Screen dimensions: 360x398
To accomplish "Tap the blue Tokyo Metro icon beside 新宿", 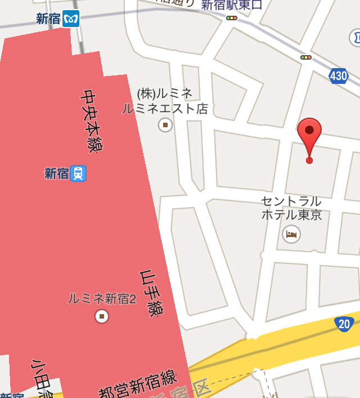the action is pos(71,19).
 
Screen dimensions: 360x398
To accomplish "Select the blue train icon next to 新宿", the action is pos(78,173).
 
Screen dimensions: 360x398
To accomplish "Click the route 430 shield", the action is pos(339,75).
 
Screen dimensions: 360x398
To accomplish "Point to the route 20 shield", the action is pos(343,324).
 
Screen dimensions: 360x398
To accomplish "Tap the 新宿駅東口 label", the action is pos(232,5).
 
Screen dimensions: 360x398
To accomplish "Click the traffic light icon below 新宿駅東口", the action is pos(232,18).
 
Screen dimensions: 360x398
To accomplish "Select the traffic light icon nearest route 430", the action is pos(306,57).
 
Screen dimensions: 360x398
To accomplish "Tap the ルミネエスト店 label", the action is pos(165,109).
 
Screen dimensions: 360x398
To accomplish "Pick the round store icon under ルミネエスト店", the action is pos(165,124).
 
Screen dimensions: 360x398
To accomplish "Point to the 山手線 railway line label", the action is pos(147,293).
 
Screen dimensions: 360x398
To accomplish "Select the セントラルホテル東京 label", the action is pos(291,208).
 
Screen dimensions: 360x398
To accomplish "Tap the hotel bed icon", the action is pos(291,234).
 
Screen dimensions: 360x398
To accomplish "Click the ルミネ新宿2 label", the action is pos(102,299).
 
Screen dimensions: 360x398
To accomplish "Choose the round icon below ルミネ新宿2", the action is pos(102,316).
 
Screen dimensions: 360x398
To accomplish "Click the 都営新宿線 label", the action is pos(138,383).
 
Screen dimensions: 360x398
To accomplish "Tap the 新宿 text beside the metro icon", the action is pos(48,19).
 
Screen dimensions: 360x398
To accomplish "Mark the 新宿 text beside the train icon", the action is pos(57,173).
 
